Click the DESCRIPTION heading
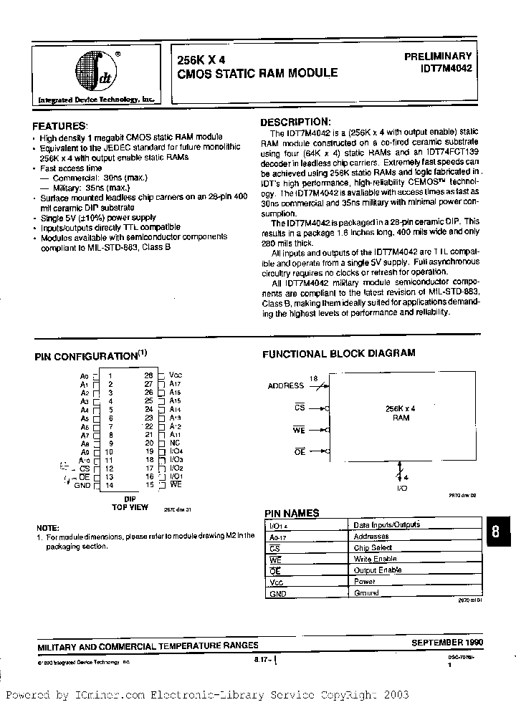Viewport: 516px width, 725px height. tap(295, 123)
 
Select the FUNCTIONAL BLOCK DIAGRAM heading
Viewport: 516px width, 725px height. tap(338, 353)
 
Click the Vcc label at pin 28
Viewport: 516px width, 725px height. tap(176, 375)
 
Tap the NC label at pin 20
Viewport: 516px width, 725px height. tap(173, 443)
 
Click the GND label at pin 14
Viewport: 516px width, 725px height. tap(82, 485)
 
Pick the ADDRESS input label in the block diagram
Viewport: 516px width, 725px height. tap(286, 385)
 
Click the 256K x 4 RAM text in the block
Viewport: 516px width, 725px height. tap(401, 412)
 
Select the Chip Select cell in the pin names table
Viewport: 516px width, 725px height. tap(373, 547)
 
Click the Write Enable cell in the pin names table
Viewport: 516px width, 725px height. tap(374, 559)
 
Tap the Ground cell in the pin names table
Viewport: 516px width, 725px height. tap(366, 593)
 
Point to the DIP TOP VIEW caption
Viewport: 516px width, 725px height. tap(130, 502)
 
